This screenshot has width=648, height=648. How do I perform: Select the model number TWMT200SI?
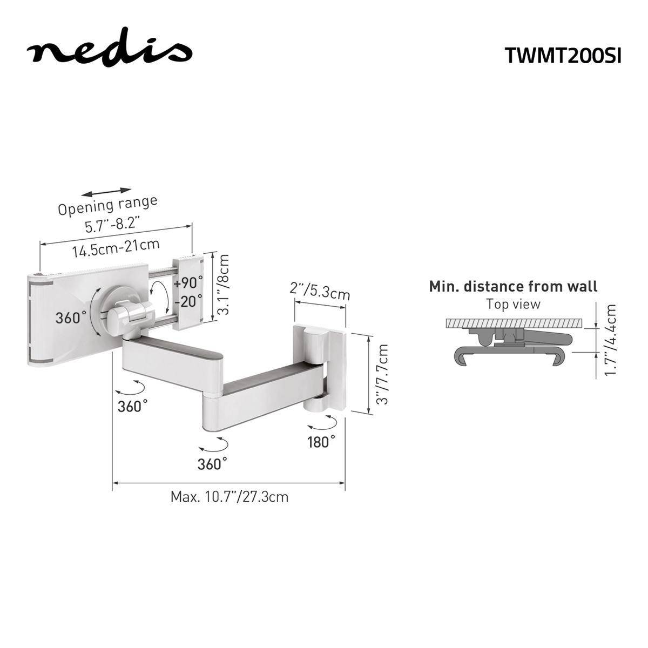click(563, 55)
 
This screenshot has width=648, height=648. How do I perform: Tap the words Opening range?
click(108, 205)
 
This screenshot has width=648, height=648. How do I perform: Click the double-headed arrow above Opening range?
click(108, 192)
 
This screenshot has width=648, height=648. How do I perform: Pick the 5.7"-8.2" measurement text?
click(113, 223)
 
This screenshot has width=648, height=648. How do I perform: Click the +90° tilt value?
click(188, 282)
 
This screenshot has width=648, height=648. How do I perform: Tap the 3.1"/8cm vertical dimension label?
click(223, 285)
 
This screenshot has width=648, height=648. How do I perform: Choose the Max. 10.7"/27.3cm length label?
click(230, 496)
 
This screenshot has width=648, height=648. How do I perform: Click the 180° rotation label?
click(321, 441)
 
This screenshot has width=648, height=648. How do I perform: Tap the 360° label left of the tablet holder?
click(71, 318)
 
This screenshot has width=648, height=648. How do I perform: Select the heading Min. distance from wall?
click(513, 286)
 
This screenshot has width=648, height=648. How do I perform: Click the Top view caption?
click(513, 304)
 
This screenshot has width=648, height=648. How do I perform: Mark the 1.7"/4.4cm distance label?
click(610, 340)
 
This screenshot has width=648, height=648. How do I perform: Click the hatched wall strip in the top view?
click(513, 323)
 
